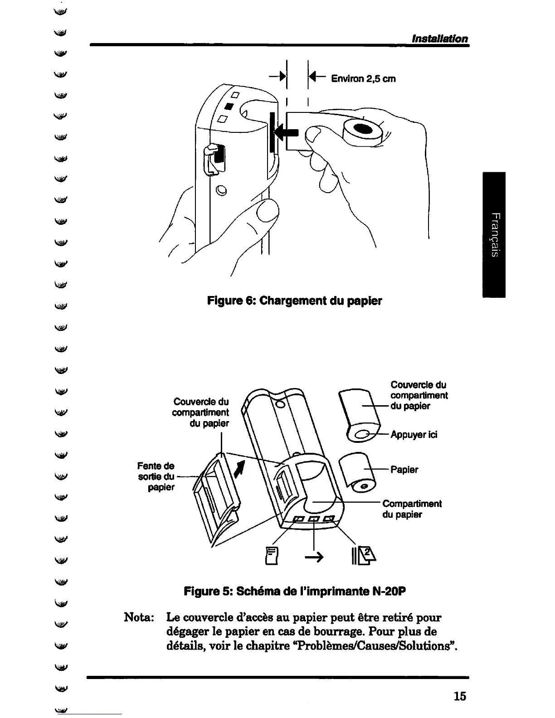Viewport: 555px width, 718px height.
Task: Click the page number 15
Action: point(459,696)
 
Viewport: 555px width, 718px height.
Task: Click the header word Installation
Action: point(439,39)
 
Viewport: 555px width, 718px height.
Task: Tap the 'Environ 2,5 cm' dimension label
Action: point(363,79)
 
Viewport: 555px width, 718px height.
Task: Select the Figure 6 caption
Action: point(294,301)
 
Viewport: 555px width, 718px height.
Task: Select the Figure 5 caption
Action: point(294,592)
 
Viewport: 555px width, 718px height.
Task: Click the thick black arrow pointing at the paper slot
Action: point(287,132)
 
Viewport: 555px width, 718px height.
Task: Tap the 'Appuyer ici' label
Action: point(414,435)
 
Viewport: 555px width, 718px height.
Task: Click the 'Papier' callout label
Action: point(404,470)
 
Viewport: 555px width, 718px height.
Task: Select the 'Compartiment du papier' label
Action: point(411,509)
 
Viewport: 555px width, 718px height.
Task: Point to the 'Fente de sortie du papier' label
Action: point(156,476)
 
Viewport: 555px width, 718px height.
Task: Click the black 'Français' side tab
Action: point(494,234)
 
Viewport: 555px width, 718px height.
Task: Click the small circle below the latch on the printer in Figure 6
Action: point(221,190)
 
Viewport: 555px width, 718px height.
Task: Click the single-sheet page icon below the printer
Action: point(272,556)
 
